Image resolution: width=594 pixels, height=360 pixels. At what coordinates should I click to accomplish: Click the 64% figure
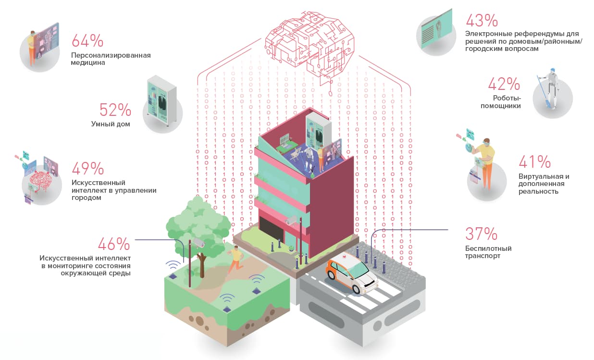click(x=87, y=40)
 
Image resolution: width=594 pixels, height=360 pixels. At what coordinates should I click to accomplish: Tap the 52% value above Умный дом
click(x=115, y=110)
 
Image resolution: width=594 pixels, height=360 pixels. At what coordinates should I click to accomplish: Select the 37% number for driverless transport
click(x=481, y=234)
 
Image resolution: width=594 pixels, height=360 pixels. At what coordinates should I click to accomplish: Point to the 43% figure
click(x=482, y=21)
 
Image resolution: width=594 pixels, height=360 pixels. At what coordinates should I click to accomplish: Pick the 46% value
click(x=114, y=244)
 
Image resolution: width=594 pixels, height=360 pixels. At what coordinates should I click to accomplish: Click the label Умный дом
click(x=111, y=124)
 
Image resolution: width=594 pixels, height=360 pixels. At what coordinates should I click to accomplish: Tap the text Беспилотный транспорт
click(x=488, y=252)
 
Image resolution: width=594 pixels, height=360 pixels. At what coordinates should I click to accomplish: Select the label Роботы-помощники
click(x=501, y=102)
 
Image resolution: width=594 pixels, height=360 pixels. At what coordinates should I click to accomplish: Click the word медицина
click(x=88, y=63)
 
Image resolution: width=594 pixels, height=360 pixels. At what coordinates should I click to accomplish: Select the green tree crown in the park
click(x=198, y=225)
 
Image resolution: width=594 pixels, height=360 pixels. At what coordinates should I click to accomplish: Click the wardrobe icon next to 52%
click(x=161, y=100)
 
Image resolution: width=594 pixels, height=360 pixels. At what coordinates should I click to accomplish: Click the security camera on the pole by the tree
click(x=198, y=242)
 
